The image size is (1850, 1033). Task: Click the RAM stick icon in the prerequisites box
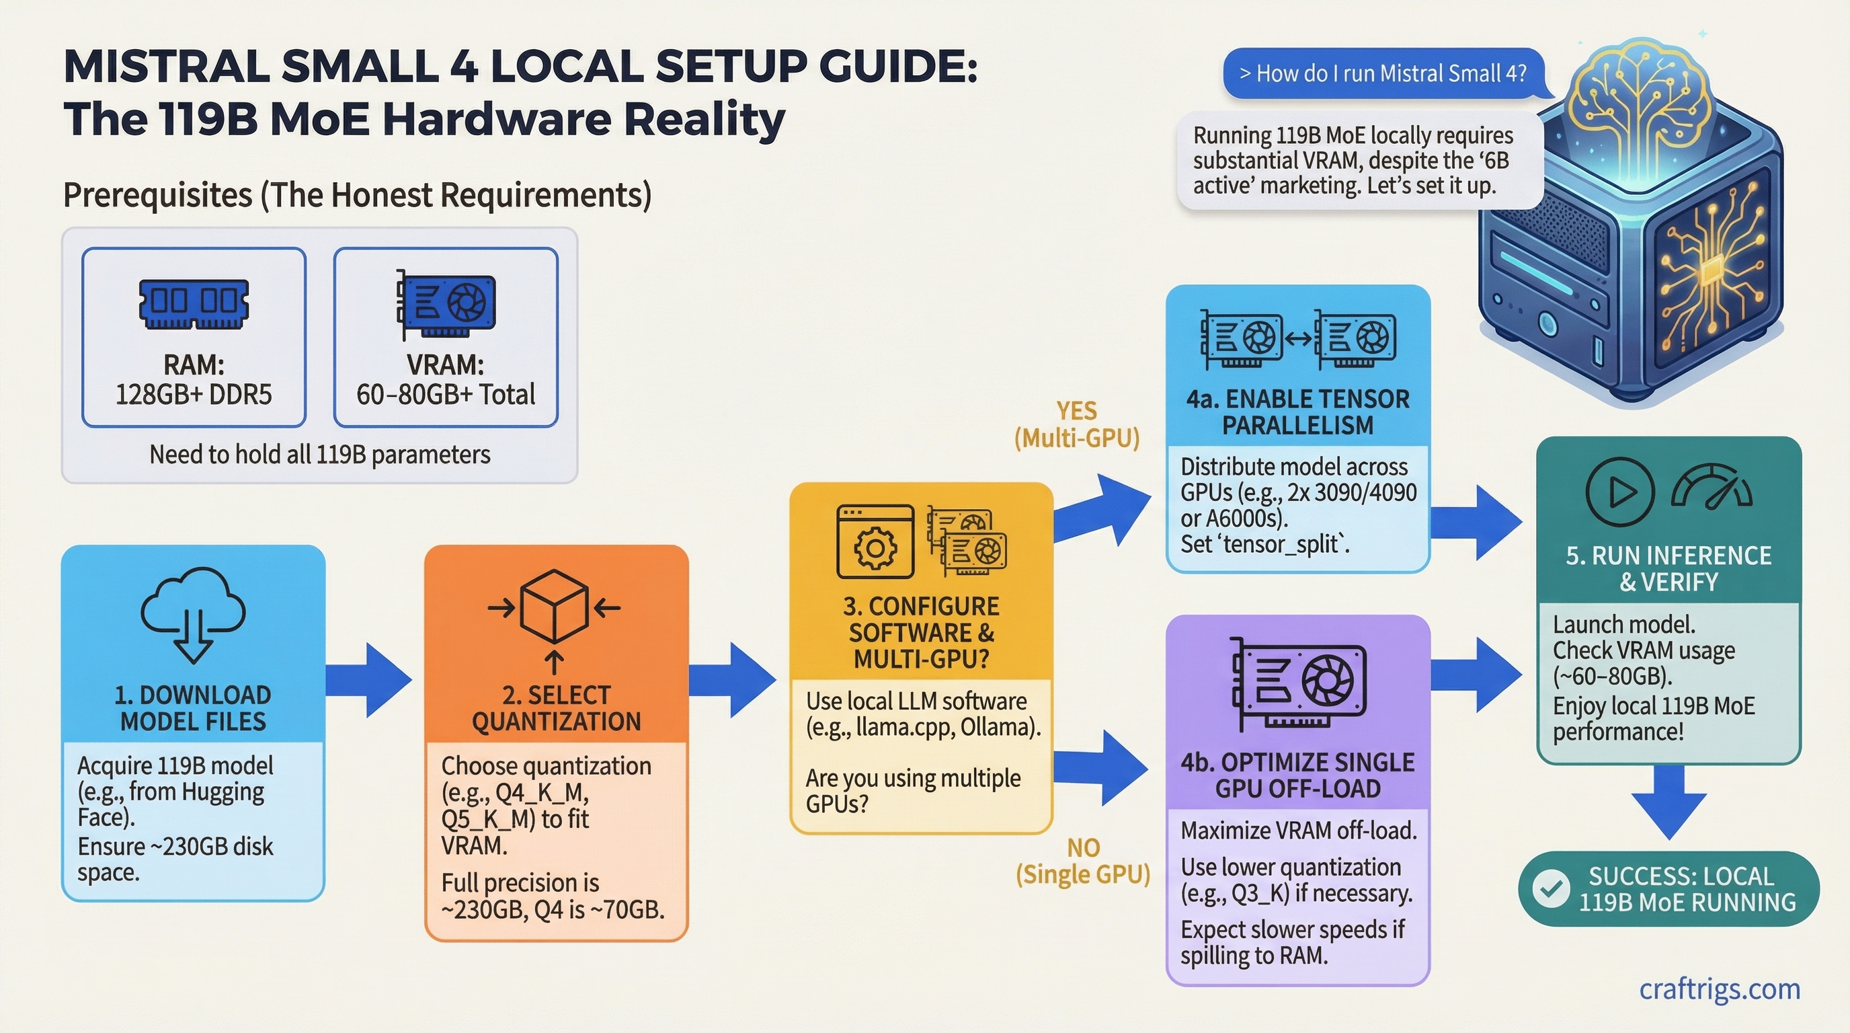(193, 303)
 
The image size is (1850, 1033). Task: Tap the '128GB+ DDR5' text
(193, 394)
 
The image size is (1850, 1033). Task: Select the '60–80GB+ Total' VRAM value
(445, 394)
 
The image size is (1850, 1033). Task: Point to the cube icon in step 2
(554, 608)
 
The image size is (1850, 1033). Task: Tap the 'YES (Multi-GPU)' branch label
(1076, 424)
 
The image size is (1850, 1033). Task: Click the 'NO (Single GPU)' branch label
(1082, 861)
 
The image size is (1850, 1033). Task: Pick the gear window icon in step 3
(875, 541)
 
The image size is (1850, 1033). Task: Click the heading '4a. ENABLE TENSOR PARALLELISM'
(1297, 412)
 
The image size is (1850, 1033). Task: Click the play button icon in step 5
(1620, 492)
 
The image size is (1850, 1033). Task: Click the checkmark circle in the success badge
(1551, 888)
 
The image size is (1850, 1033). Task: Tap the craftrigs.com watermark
(1720, 989)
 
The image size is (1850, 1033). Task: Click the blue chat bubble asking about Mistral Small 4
(1383, 73)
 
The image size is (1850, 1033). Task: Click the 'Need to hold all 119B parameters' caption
(319, 454)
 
